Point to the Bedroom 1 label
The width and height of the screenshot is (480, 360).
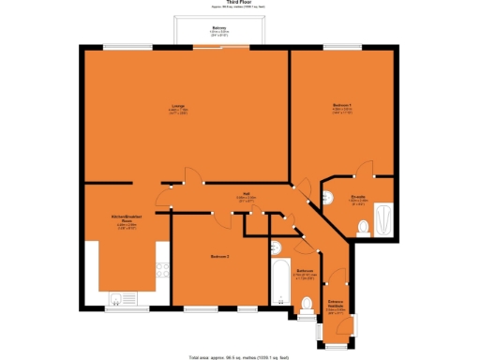pyautogui.click(x=341, y=106)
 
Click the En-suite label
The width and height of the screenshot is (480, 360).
pyautogui.click(x=358, y=199)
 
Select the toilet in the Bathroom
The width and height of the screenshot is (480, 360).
pyautogui.click(x=307, y=304)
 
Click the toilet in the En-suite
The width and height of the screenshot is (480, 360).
pyautogui.click(x=364, y=226)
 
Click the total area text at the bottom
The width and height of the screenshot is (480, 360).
pyautogui.click(x=240, y=356)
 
